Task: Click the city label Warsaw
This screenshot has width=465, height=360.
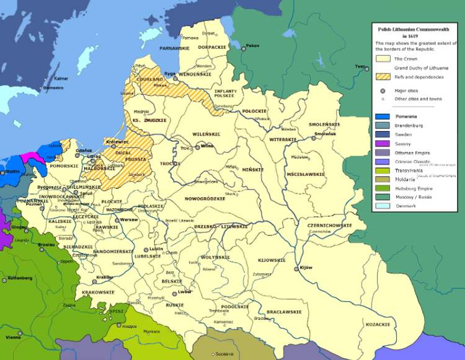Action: pyautogui.click(x=128, y=219)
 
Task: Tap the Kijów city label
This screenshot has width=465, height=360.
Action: pyautogui.click(x=306, y=268)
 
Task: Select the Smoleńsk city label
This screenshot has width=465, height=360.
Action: pyautogui.click(x=325, y=134)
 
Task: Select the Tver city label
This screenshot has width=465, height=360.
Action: pyautogui.click(x=360, y=66)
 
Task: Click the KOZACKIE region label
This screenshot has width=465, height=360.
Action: pyautogui.click(x=378, y=324)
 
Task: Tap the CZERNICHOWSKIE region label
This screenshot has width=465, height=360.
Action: pyautogui.click(x=325, y=226)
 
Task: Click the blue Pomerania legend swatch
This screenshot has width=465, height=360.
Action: pyautogui.click(x=383, y=116)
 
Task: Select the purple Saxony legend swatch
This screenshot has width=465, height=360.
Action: pyautogui.click(x=383, y=143)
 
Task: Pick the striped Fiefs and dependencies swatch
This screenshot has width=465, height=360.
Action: pyautogui.click(x=383, y=77)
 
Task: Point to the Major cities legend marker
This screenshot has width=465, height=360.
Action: pyautogui.click(x=383, y=90)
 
